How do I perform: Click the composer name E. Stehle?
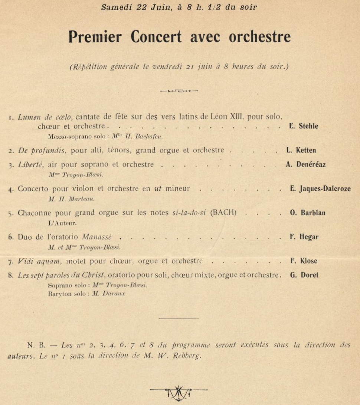click(303, 126)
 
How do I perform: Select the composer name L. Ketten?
click(301, 150)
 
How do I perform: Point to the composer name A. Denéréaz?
click(306, 165)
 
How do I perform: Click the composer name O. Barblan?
click(308, 213)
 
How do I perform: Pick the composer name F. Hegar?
click(304, 237)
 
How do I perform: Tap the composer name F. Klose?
click(304, 261)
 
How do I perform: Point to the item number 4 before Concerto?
click(10, 189)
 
